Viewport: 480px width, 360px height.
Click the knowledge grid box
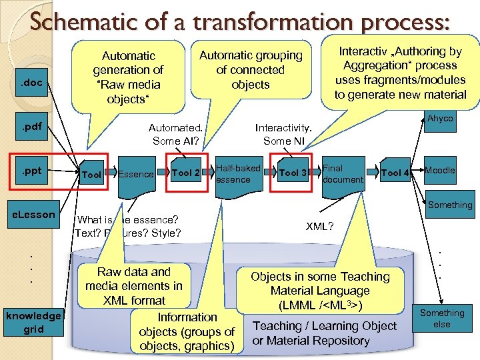(x=33, y=322)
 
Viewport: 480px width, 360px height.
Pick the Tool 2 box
(x=186, y=173)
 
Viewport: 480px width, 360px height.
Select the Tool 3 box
(x=293, y=173)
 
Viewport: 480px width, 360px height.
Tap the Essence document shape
(x=136, y=175)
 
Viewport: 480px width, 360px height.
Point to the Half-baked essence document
(x=238, y=174)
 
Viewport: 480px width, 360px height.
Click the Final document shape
(x=343, y=174)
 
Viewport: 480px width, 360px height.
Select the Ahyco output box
(x=440, y=119)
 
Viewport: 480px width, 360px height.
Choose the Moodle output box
(x=440, y=171)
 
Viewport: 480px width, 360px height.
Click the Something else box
(x=441, y=319)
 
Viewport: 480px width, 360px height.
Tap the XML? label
(x=320, y=227)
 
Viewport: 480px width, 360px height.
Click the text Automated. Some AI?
(x=175, y=133)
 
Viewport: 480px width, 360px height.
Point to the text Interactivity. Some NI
(x=283, y=133)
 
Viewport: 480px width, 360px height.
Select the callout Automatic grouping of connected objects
(x=251, y=70)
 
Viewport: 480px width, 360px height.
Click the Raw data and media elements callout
(x=133, y=286)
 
